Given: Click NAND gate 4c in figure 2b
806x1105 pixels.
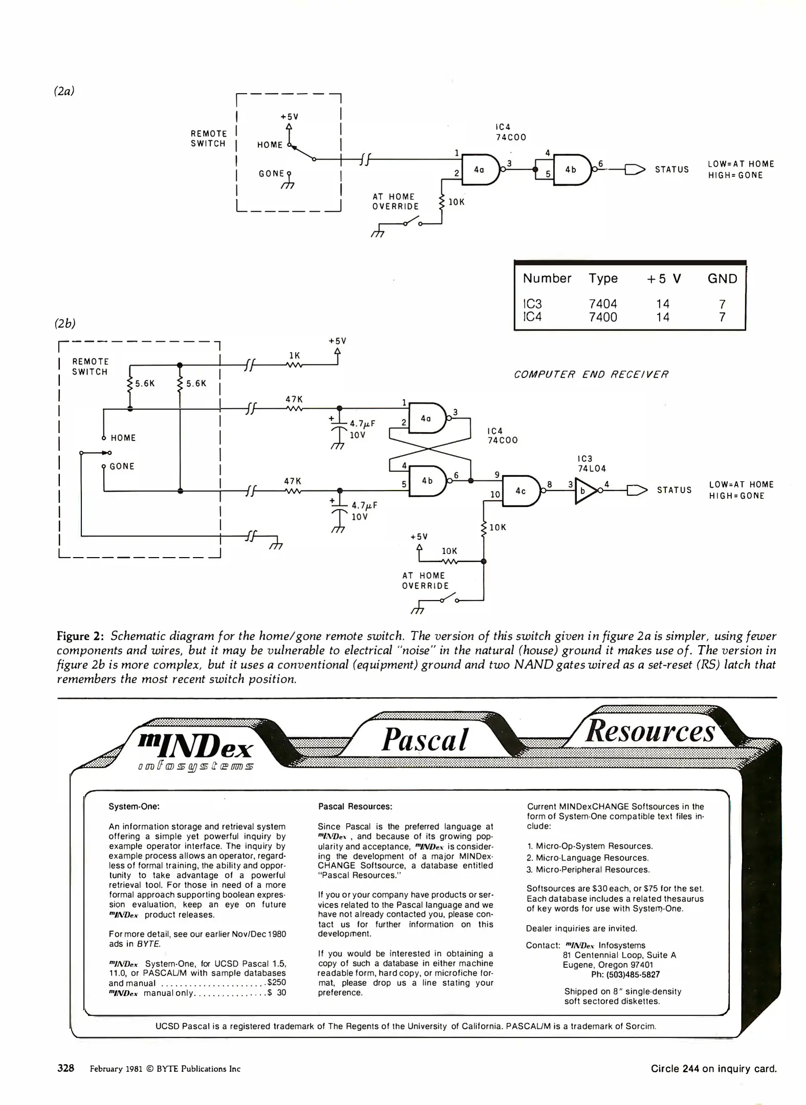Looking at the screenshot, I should click(521, 491).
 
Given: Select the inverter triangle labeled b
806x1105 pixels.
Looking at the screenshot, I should click(585, 491).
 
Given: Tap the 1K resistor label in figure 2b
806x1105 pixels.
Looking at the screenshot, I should click(295, 355).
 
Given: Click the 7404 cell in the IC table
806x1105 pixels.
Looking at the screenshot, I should click(603, 304).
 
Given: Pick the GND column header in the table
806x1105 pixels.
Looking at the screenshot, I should click(722, 279).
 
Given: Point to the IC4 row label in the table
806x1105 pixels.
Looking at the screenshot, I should click(532, 317).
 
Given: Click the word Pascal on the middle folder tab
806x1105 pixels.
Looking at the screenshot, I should click(424, 740).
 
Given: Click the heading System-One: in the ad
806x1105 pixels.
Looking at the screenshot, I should click(134, 807).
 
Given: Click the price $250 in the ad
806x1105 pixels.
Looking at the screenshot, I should click(277, 982).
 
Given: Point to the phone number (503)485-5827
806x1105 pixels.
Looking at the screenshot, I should click(632, 975).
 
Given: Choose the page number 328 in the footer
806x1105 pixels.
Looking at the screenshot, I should click(65, 1068).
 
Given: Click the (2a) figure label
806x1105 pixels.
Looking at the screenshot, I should click(64, 91).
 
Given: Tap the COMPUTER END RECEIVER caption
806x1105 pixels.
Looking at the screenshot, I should click(591, 374).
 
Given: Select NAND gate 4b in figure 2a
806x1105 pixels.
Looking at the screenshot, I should click(571, 169).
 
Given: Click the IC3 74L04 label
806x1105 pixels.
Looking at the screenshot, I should click(592, 463).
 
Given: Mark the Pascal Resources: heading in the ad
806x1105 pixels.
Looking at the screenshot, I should click(355, 807).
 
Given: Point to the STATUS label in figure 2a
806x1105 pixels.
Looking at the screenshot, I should click(671, 170).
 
